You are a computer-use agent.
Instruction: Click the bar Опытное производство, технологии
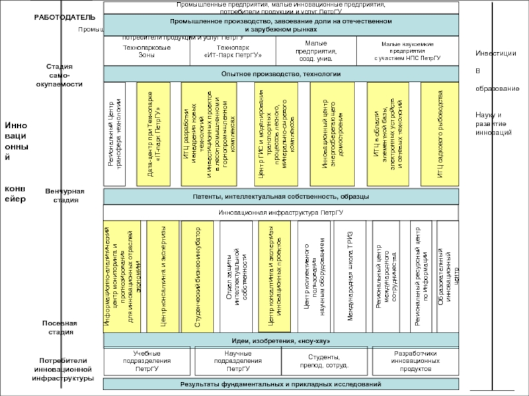[x=280, y=74]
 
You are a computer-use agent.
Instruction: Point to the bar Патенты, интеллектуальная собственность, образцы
[x=280, y=196]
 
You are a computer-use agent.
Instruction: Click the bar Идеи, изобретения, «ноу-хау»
[x=280, y=340]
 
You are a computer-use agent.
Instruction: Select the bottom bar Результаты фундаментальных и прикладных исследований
[x=280, y=384]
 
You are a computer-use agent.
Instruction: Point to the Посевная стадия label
[x=60, y=327]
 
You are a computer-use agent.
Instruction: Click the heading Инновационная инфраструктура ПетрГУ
[x=280, y=213]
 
